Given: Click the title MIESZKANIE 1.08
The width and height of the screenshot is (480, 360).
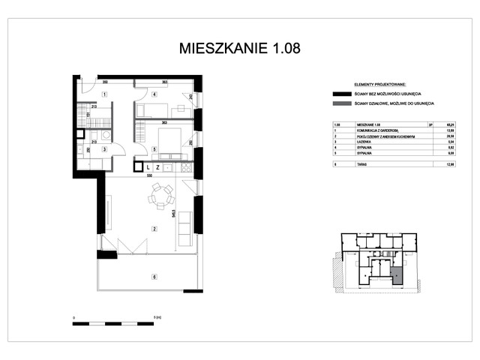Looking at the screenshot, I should click(x=239, y=49).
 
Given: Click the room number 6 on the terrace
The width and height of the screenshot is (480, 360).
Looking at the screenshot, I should click(x=154, y=277).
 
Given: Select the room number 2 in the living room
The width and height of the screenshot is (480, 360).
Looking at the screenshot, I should click(x=154, y=229).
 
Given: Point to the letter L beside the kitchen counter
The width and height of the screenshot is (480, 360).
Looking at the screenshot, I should click(x=148, y=167).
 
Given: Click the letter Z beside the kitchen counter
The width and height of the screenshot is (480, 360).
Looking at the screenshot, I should click(x=157, y=167).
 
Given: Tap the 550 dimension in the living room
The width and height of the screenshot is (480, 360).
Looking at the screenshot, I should click(x=149, y=176).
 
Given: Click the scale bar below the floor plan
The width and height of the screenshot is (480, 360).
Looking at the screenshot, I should click(x=118, y=323).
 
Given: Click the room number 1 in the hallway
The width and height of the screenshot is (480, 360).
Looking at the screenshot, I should click(x=105, y=94).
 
